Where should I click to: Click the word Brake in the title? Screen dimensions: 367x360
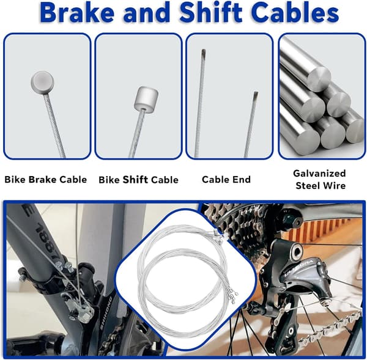pyautogui.click(x=77, y=12)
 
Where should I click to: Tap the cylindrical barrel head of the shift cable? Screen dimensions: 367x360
pyautogui.click(x=146, y=98)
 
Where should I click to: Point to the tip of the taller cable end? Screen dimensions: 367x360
pyautogui.click(x=204, y=50)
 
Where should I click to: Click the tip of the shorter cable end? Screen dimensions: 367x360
pyautogui.click(x=256, y=92)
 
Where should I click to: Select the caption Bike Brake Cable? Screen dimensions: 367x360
pyautogui.click(x=46, y=180)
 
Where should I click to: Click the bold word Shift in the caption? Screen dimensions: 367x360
pyautogui.click(x=135, y=180)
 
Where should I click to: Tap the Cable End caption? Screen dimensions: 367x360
pyautogui.click(x=226, y=180)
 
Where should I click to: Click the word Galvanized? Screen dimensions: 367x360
pyautogui.click(x=319, y=174)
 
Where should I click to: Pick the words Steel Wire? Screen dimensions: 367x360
pyautogui.click(x=321, y=185)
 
